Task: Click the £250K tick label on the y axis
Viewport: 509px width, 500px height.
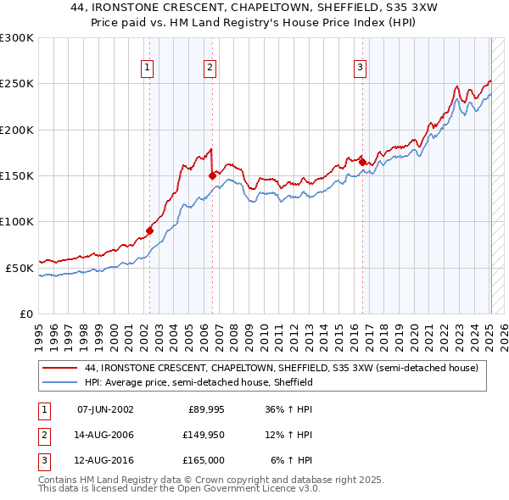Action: click(17, 84)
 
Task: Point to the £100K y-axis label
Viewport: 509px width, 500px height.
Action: click(17, 221)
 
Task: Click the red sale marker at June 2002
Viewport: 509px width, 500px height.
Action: click(150, 230)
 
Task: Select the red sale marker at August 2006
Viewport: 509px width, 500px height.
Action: click(212, 175)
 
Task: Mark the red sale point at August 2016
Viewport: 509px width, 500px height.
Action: click(362, 162)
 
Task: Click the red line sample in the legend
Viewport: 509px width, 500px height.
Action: click(59, 369)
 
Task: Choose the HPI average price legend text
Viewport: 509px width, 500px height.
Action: click(199, 382)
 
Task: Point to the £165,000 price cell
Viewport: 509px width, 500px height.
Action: click(202, 460)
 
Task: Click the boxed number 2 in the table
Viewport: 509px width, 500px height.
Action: click(42, 435)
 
